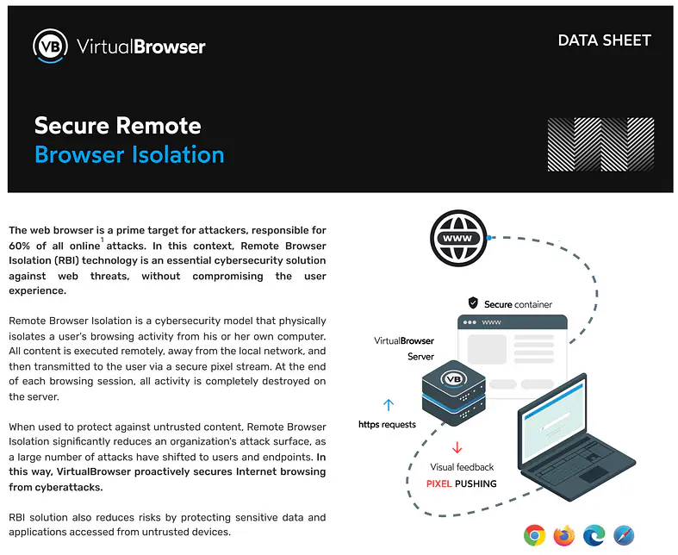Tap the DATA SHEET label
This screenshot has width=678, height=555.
[x=604, y=41]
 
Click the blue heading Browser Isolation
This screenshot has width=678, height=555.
[x=129, y=155]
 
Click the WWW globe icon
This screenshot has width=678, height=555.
[x=458, y=238]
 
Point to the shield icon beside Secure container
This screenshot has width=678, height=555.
[x=473, y=303]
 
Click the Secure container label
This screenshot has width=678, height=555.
[x=518, y=304]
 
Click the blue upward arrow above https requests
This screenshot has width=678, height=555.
[x=388, y=404]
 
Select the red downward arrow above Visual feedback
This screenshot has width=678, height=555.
[x=457, y=447]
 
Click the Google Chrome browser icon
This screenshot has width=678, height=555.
[x=534, y=535]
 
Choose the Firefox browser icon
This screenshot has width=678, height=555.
[x=564, y=535]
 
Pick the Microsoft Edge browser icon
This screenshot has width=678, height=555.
[x=594, y=535]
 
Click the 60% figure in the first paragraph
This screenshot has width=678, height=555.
[x=22, y=246]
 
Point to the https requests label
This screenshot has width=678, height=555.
[x=388, y=424]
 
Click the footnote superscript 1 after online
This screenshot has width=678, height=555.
[x=101, y=240]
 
